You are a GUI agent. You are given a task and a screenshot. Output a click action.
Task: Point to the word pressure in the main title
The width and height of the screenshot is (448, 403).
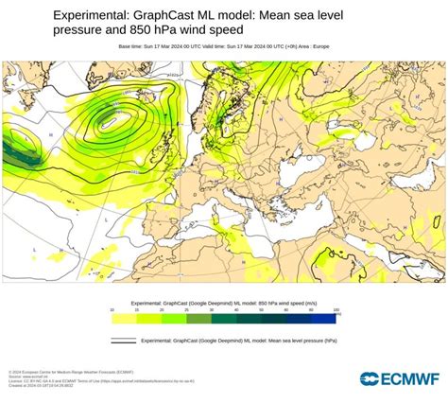[78, 30]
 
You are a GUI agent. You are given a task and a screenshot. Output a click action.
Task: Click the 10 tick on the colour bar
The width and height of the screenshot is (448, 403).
[112, 309]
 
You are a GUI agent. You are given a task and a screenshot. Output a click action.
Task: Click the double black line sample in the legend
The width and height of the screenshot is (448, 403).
[124, 340]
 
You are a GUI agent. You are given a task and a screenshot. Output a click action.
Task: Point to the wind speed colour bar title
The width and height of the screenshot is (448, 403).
[224, 302]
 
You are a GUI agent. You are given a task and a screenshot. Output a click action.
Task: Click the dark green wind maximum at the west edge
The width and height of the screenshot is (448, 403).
[13, 149]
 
